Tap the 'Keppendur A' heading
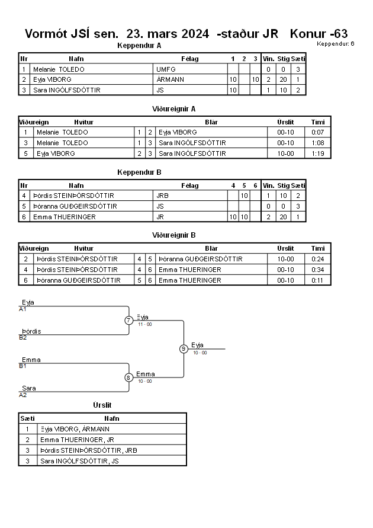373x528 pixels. [x=139, y=46]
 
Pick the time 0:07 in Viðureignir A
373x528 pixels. [x=317, y=132]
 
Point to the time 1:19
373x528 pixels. [x=317, y=153]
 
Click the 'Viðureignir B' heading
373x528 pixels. [x=174, y=235]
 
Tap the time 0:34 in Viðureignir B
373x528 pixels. [x=317, y=270]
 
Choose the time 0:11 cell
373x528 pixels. [x=317, y=280]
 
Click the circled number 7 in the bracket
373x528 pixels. [x=129, y=320]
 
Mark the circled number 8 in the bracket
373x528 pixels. [x=128, y=377]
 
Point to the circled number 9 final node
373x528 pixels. [x=184, y=349]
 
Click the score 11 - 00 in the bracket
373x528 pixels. [x=145, y=324]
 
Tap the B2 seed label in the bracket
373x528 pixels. [x=22, y=337]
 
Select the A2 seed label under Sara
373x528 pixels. [x=22, y=395]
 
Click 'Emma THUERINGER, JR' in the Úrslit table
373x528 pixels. [x=77, y=440]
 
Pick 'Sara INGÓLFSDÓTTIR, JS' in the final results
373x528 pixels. [x=79, y=461]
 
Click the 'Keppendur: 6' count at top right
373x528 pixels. [x=335, y=43]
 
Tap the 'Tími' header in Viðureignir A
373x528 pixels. [x=318, y=122]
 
